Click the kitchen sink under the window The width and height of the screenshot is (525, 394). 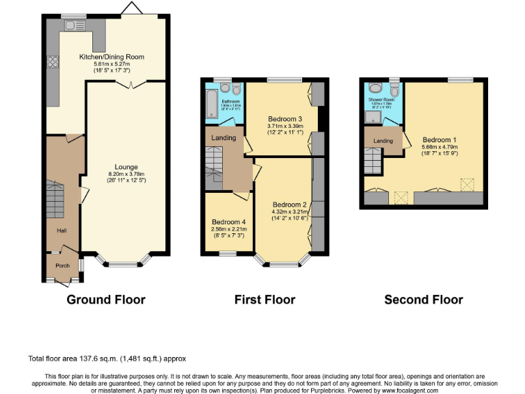(x=70, y=25)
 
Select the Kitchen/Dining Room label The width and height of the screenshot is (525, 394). (x=111, y=57)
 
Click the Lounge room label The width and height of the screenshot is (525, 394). (x=126, y=167)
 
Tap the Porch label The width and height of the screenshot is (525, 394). (x=62, y=265)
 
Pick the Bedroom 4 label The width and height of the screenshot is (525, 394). (x=228, y=222)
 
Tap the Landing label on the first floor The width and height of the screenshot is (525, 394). (x=224, y=137)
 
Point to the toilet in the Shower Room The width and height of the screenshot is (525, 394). (x=394, y=92)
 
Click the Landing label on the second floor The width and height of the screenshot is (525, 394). (x=383, y=141)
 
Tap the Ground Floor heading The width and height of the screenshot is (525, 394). (x=105, y=300)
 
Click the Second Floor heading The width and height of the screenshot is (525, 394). (x=423, y=300)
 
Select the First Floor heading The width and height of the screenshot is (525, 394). (x=265, y=300)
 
